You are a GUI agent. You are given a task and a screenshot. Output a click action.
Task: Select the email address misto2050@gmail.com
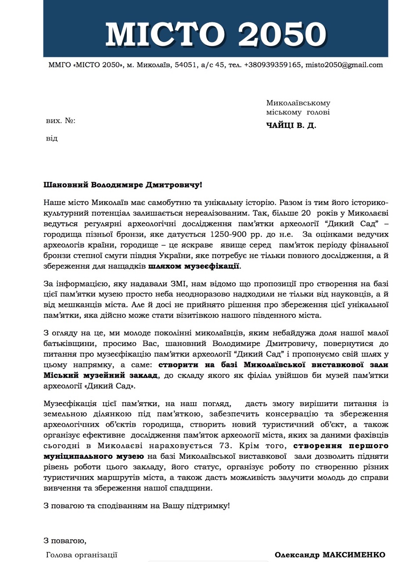coord(344,65)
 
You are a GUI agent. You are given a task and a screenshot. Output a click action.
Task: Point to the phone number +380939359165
coord(273,65)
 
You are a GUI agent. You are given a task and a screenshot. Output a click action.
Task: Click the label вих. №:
coord(61,121)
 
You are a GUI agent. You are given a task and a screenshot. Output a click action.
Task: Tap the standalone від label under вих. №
coord(52,138)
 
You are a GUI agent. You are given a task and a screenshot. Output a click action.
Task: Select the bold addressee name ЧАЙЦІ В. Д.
coord(291,126)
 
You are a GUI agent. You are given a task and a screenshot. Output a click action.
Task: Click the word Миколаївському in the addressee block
coord(298,103)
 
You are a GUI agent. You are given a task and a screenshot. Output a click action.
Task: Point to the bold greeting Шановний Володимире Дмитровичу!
coord(123,185)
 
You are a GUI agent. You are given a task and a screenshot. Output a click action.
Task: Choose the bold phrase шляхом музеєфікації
coord(194,266)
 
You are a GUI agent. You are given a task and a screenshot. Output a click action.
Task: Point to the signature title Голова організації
coord(82,555)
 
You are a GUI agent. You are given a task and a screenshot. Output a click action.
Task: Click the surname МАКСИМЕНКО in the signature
coord(354,555)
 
